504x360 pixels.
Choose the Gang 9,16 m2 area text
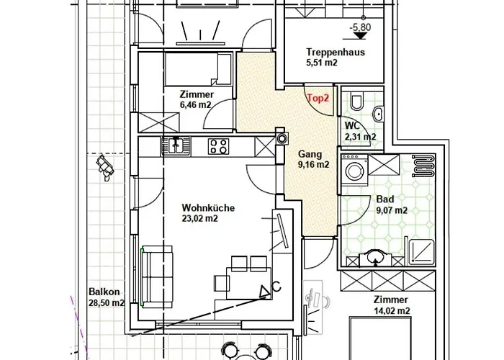tap(313, 158)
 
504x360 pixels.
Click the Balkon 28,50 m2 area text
tap(106, 297)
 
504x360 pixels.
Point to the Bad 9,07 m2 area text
tap(392, 205)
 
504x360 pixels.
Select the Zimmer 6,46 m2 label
tap(196, 99)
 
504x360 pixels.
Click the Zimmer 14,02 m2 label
tap(390, 305)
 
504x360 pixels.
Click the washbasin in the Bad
tap(375, 257)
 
